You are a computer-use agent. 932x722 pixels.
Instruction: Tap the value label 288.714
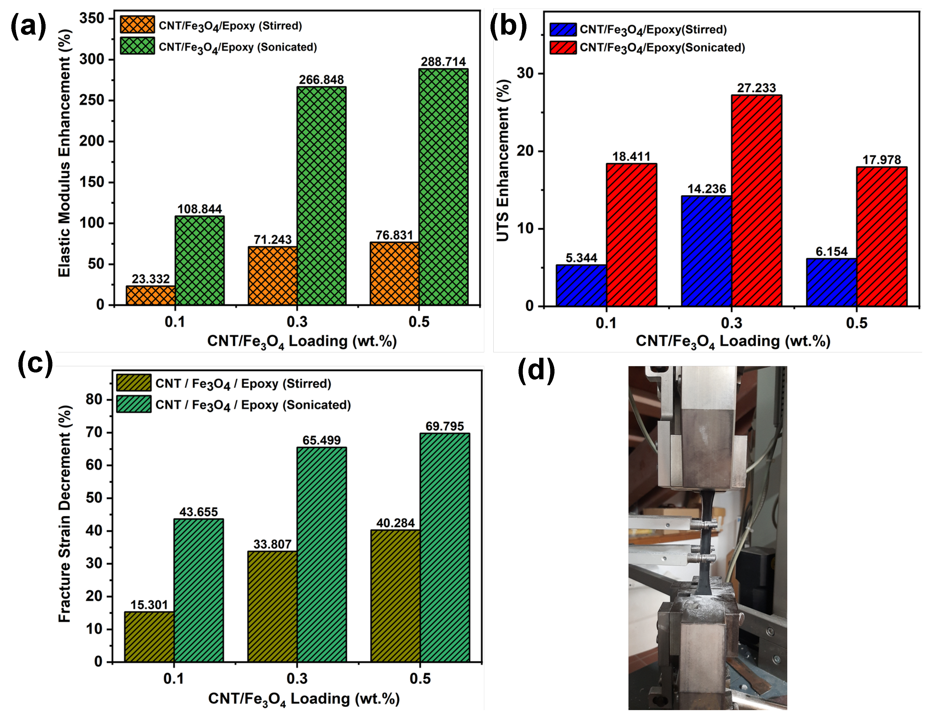click(443, 62)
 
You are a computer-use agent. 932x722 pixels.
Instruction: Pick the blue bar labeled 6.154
click(831, 282)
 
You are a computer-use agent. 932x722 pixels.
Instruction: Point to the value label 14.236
click(706, 189)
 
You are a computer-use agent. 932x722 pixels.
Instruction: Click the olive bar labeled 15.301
click(149, 637)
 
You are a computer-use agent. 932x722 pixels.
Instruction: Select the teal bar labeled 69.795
click(445, 548)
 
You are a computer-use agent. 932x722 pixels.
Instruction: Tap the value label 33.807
click(272, 544)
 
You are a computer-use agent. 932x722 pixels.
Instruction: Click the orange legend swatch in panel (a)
click(137, 25)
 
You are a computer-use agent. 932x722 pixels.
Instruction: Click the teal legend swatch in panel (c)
click(134, 404)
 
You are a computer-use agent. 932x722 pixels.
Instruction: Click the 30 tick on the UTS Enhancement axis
click(525, 73)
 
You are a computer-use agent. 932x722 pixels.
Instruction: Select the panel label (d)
click(536, 370)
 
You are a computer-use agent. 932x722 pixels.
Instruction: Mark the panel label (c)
click(35, 364)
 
